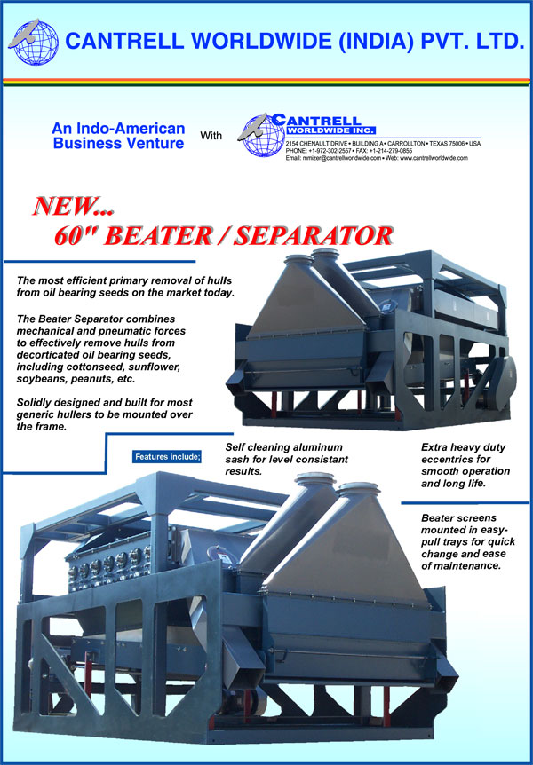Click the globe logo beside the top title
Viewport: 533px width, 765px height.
click(x=34, y=42)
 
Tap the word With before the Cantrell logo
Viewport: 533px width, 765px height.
click(x=211, y=136)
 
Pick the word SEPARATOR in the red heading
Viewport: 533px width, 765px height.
click(x=314, y=236)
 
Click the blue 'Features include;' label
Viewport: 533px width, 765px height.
click(x=167, y=458)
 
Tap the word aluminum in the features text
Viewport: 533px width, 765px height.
click(x=322, y=447)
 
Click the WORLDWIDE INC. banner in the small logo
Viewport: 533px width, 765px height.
click(x=331, y=130)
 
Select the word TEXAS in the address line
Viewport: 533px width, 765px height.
click(x=439, y=145)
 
